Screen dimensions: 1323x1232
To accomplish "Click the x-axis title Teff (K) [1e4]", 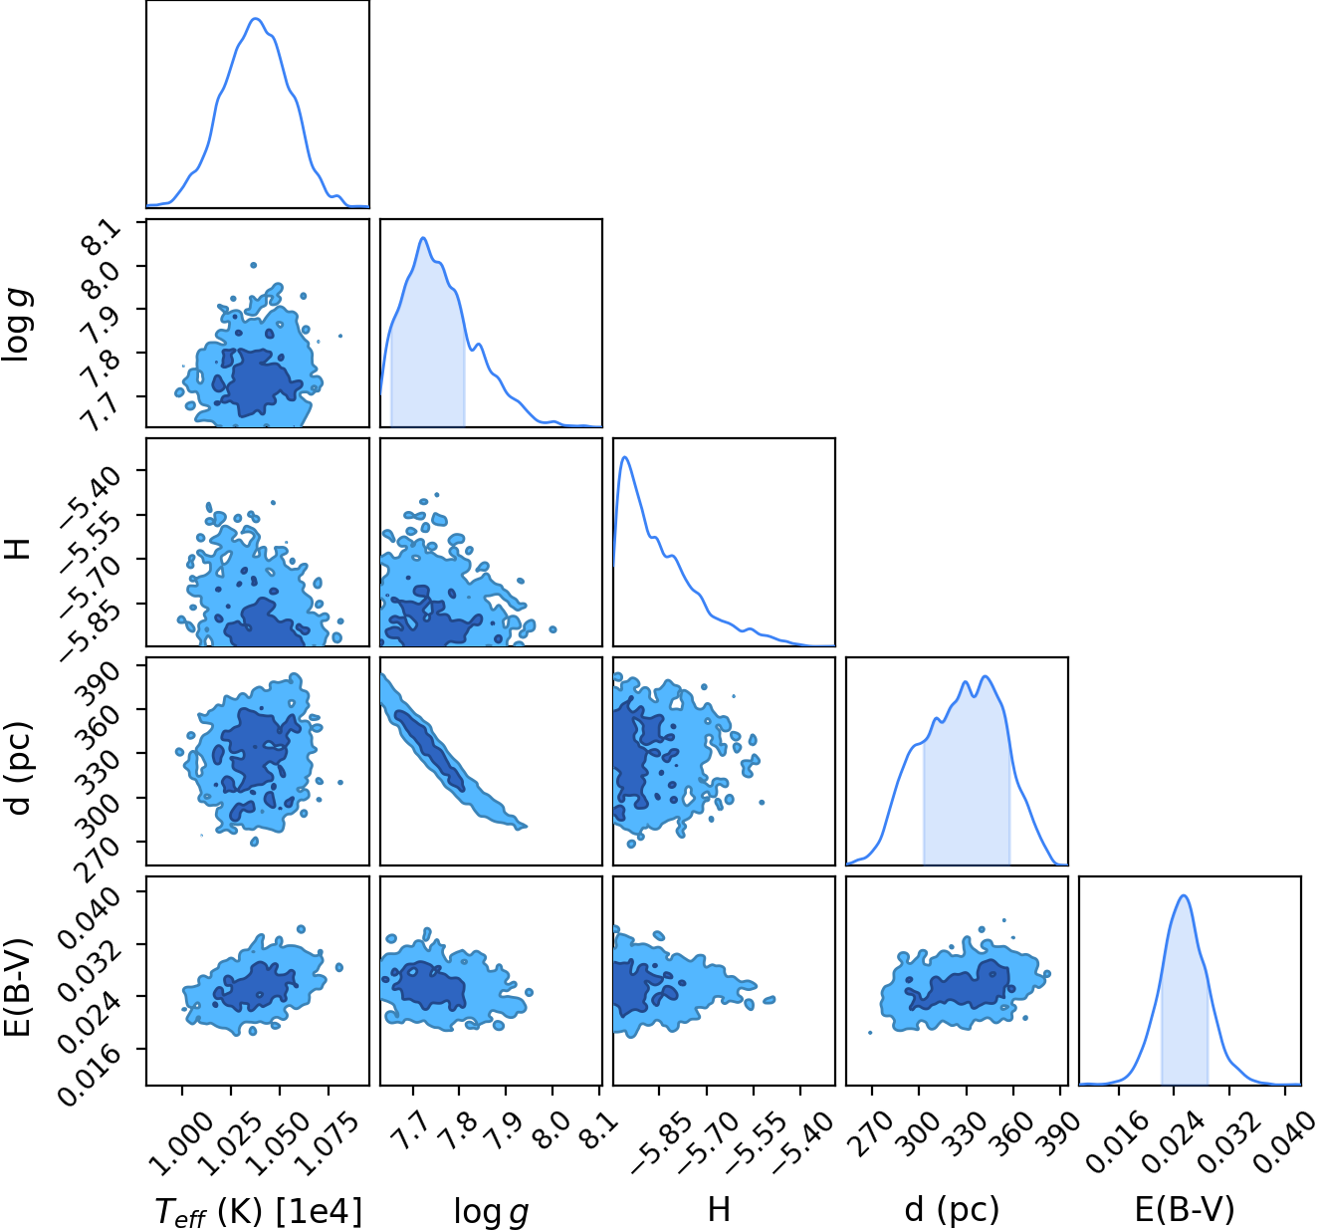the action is (259, 1211).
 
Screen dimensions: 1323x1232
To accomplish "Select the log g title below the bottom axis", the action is (491, 1211).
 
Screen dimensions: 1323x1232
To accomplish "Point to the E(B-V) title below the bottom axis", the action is (1185, 1209).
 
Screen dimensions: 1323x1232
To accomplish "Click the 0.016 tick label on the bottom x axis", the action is (1113, 1141).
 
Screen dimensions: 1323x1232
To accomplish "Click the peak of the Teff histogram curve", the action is (256, 18).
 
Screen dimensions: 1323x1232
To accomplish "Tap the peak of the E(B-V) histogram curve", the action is (1184, 895).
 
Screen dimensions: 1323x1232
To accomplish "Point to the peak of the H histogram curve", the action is (625, 457).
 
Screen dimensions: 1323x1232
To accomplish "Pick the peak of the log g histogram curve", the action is (422, 238).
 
